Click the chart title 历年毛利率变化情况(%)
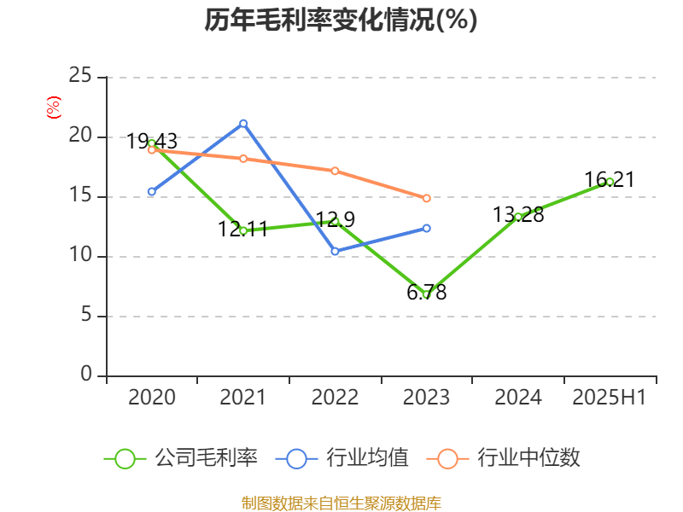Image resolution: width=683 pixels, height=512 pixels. coord(341,20)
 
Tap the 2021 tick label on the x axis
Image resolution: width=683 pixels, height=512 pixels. coord(243,397)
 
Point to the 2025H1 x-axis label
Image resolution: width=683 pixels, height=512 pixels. coord(610,397)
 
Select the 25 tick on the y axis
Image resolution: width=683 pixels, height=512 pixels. coord(80,77)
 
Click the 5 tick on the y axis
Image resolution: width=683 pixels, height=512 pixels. coord(86,316)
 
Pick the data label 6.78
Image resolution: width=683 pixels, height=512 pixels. coord(427,293)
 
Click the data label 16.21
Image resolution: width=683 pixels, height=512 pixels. coord(610,180)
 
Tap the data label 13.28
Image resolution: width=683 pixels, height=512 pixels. coord(518,215)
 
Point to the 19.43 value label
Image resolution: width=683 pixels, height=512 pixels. coord(152,142)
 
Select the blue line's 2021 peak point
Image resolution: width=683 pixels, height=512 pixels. coord(243,123)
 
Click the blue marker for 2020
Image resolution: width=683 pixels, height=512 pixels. coord(152,192)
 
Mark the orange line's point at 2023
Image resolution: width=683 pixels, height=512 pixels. coord(427,198)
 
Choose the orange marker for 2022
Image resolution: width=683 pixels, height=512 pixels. coord(336,171)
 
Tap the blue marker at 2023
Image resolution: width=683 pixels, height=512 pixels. coord(427,228)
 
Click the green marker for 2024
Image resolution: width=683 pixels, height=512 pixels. coord(518,217)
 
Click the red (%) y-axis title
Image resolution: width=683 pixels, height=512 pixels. coord(54,108)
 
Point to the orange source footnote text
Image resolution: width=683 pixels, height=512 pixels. coord(341,503)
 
